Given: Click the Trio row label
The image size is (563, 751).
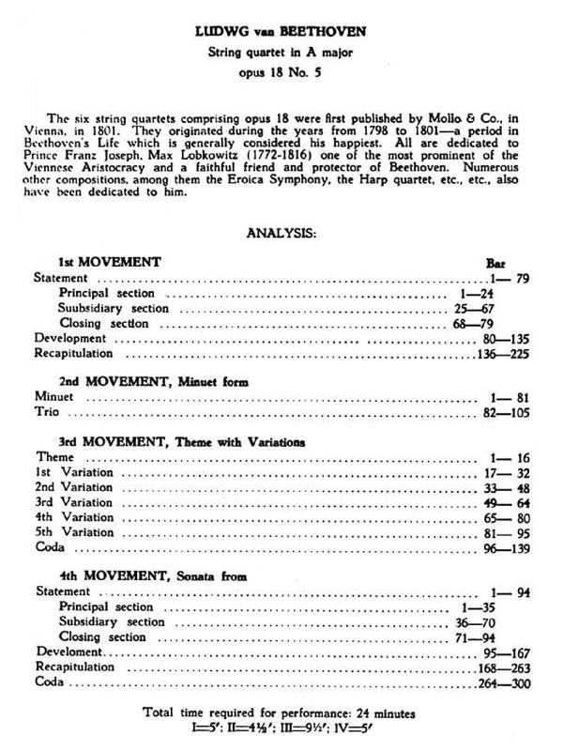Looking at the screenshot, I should pyautogui.click(x=47, y=411).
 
